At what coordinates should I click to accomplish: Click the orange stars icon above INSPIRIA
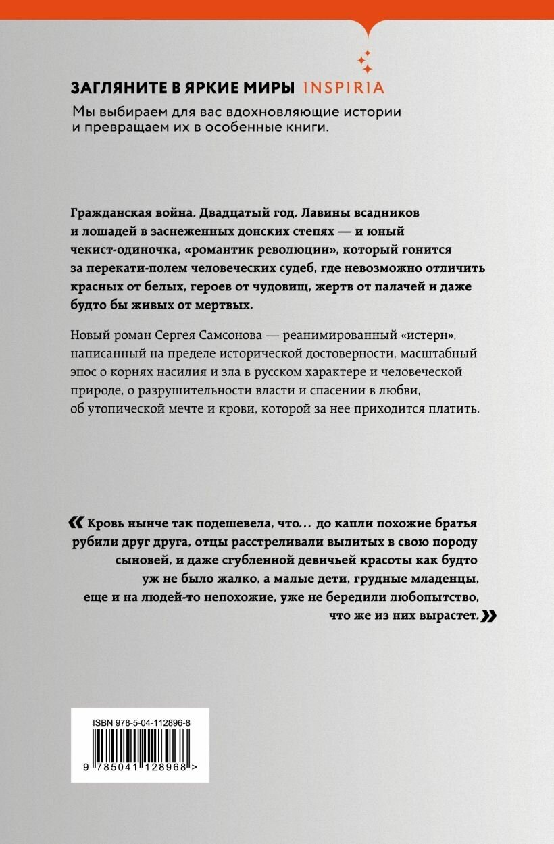pyautogui.click(x=365, y=61)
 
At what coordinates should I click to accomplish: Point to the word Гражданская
pyautogui.click(x=109, y=212)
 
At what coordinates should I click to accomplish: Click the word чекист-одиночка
pyautogui.click(x=111, y=249)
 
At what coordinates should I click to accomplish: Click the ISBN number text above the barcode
pyautogui.click(x=140, y=722)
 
